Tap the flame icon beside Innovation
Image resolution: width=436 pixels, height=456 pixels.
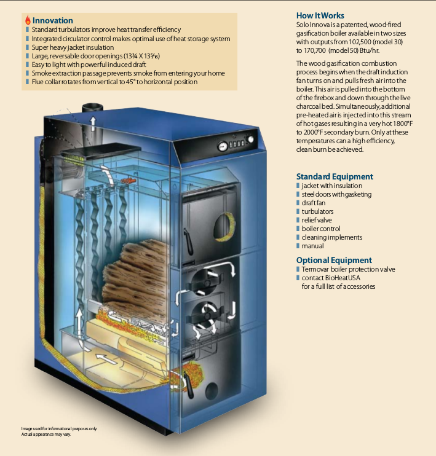tap(28, 20)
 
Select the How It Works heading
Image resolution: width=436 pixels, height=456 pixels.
tap(320, 15)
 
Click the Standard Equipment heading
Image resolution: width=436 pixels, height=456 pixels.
tap(335, 176)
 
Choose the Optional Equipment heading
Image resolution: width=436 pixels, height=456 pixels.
tap(334, 260)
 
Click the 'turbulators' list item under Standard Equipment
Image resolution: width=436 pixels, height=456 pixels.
tap(318, 211)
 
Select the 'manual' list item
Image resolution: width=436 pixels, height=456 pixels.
tap(313, 246)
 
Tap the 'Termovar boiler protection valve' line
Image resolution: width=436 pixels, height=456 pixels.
tap(348, 269)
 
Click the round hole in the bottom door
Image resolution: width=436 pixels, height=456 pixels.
tap(213, 390)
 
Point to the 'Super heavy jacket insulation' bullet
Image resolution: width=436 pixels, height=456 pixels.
tap(73, 47)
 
